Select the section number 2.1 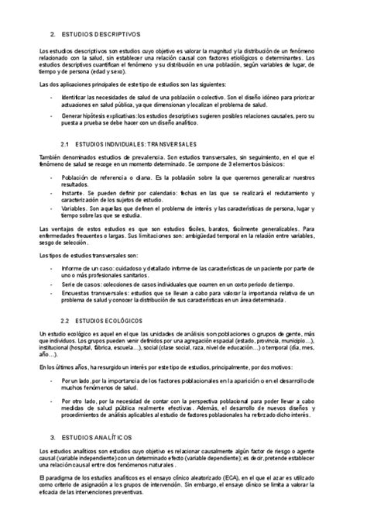coord(65,145)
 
